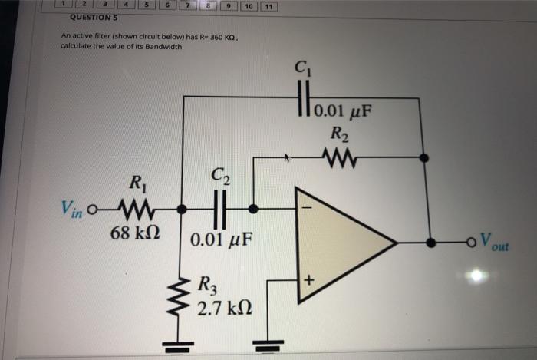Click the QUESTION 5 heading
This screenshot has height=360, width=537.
coord(93,18)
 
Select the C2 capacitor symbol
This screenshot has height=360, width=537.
coord(219,208)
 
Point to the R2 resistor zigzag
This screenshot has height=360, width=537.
coord(338,158)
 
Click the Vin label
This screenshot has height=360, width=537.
coord(75,208)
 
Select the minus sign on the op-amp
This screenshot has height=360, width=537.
coord(307,207)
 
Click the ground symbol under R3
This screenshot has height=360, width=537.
coord(183,348)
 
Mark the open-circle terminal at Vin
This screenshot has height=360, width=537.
coord(94,209)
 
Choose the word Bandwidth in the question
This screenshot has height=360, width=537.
coord(163,47)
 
